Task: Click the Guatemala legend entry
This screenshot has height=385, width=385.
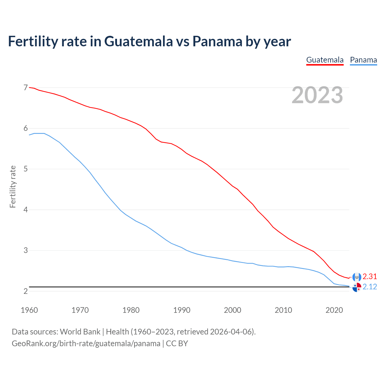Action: tap(325, 60)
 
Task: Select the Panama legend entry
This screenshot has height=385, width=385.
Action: tap(363, 60)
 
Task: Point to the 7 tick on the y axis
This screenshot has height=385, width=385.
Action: tap(26, 88)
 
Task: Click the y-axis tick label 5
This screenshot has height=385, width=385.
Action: tap(26, 169)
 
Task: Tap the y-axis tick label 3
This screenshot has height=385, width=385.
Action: tap(26, 250)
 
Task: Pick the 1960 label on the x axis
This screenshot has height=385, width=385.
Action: tap(29, 310)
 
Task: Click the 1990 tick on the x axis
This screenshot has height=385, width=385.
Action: tap(182, 310)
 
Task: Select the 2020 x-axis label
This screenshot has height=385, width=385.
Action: tap(334, 310)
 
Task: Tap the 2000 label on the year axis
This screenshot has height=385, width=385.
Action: tap(233, 310)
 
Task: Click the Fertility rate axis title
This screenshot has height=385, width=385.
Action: tap(13, 186)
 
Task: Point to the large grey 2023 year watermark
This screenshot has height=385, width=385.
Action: tap(317, 95)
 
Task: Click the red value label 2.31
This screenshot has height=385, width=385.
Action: tap(370, 276)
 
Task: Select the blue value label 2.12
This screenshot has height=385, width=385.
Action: tap(370, 287)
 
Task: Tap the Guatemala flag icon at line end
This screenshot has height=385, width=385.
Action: tap(357, 277)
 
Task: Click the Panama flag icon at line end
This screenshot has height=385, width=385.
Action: tap(357, 288)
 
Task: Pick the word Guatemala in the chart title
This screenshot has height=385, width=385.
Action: tap(139, 41)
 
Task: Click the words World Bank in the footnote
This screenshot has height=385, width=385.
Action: tap(80, 332)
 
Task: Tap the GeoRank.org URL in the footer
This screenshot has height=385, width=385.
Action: tap(86, 343)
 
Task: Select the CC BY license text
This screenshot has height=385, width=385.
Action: tap(177, 343)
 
